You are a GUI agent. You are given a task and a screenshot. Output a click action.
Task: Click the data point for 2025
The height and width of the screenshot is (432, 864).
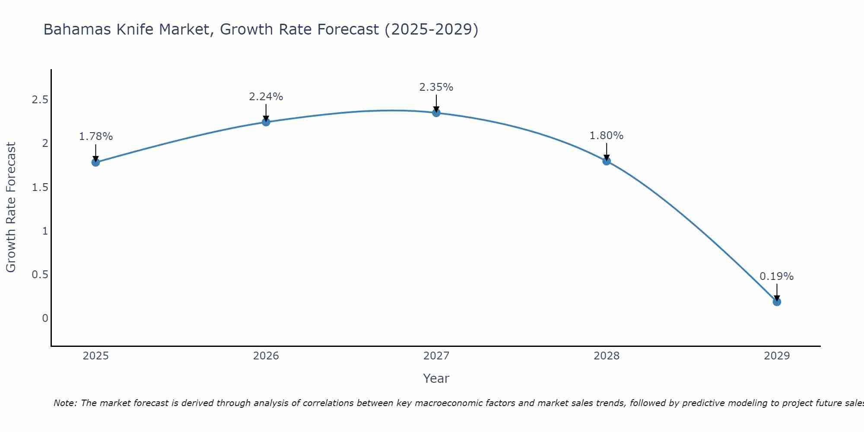95,162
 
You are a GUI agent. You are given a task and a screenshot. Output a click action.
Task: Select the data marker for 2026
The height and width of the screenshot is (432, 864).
266,122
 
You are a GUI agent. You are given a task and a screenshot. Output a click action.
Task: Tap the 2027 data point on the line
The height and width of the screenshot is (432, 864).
436,113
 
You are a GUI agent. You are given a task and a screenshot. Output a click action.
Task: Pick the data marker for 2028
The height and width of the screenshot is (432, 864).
607,161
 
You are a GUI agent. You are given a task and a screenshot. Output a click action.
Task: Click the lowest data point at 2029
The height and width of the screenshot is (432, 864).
777,302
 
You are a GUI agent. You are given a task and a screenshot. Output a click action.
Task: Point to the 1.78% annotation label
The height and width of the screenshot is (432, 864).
95,137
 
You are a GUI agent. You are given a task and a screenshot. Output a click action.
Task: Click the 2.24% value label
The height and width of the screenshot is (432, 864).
266,97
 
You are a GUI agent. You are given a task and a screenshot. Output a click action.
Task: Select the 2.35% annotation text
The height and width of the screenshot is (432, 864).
436,87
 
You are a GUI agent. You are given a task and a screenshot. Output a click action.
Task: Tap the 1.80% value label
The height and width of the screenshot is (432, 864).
607,136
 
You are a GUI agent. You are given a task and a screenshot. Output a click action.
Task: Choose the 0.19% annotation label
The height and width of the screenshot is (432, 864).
777,276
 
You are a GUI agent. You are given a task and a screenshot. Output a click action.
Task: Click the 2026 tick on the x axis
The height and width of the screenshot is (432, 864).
266,356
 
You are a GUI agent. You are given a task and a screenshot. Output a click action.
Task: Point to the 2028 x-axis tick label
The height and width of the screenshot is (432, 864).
607,356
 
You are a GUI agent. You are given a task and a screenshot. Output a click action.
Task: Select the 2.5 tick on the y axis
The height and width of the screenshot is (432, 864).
40,100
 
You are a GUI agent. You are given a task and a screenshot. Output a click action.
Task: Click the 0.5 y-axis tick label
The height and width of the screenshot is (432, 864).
40,275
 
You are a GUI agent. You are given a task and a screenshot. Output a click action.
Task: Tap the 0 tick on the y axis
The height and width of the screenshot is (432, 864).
45,318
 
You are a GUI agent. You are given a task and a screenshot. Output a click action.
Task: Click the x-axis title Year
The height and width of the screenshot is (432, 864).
436,378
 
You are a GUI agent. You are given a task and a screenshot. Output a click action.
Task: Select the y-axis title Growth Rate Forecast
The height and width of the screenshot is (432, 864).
11,207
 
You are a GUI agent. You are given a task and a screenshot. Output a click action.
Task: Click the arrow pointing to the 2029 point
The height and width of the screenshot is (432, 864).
777,292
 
